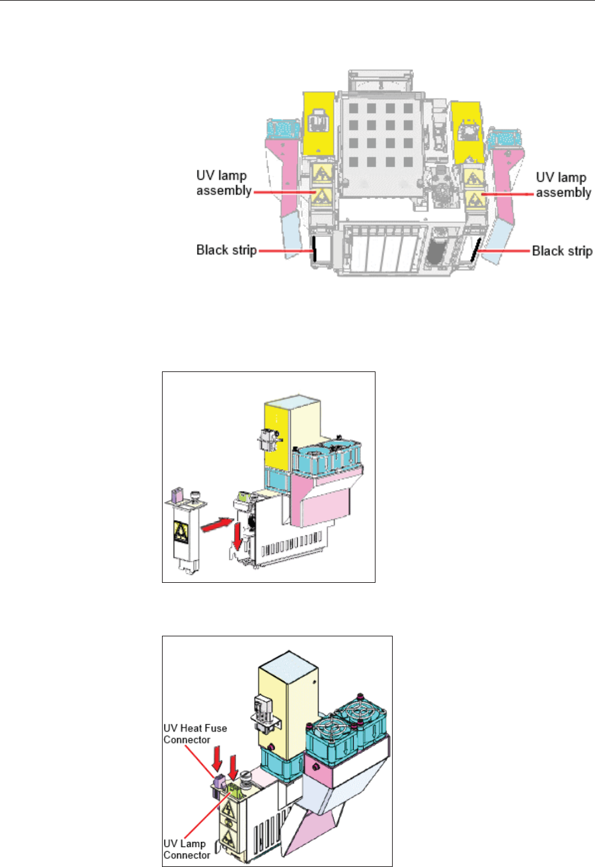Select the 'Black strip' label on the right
pos(562,251)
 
